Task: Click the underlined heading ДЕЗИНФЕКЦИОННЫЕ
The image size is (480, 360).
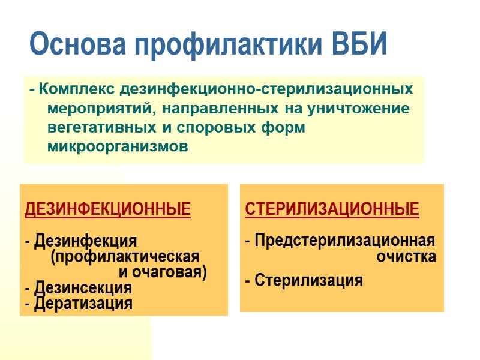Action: pyautogui.click(x=107, y=209)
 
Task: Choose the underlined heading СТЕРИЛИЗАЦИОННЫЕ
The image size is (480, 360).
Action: pyautogui.click(x=332, y=209)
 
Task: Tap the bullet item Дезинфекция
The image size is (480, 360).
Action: pyautogui.click(x=85, y=241)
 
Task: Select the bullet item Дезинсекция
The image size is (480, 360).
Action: pyautogui.click(x=83, y=288)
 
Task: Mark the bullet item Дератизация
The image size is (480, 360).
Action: pyautogui.click(x=83, y=304)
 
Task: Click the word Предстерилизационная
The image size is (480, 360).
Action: pyautogui.click(x=344, y=241)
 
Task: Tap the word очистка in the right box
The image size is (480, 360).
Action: pyautogui.click(x=406, y=257)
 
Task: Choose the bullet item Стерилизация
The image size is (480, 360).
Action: pyautogui.click(x=308, y=280)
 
